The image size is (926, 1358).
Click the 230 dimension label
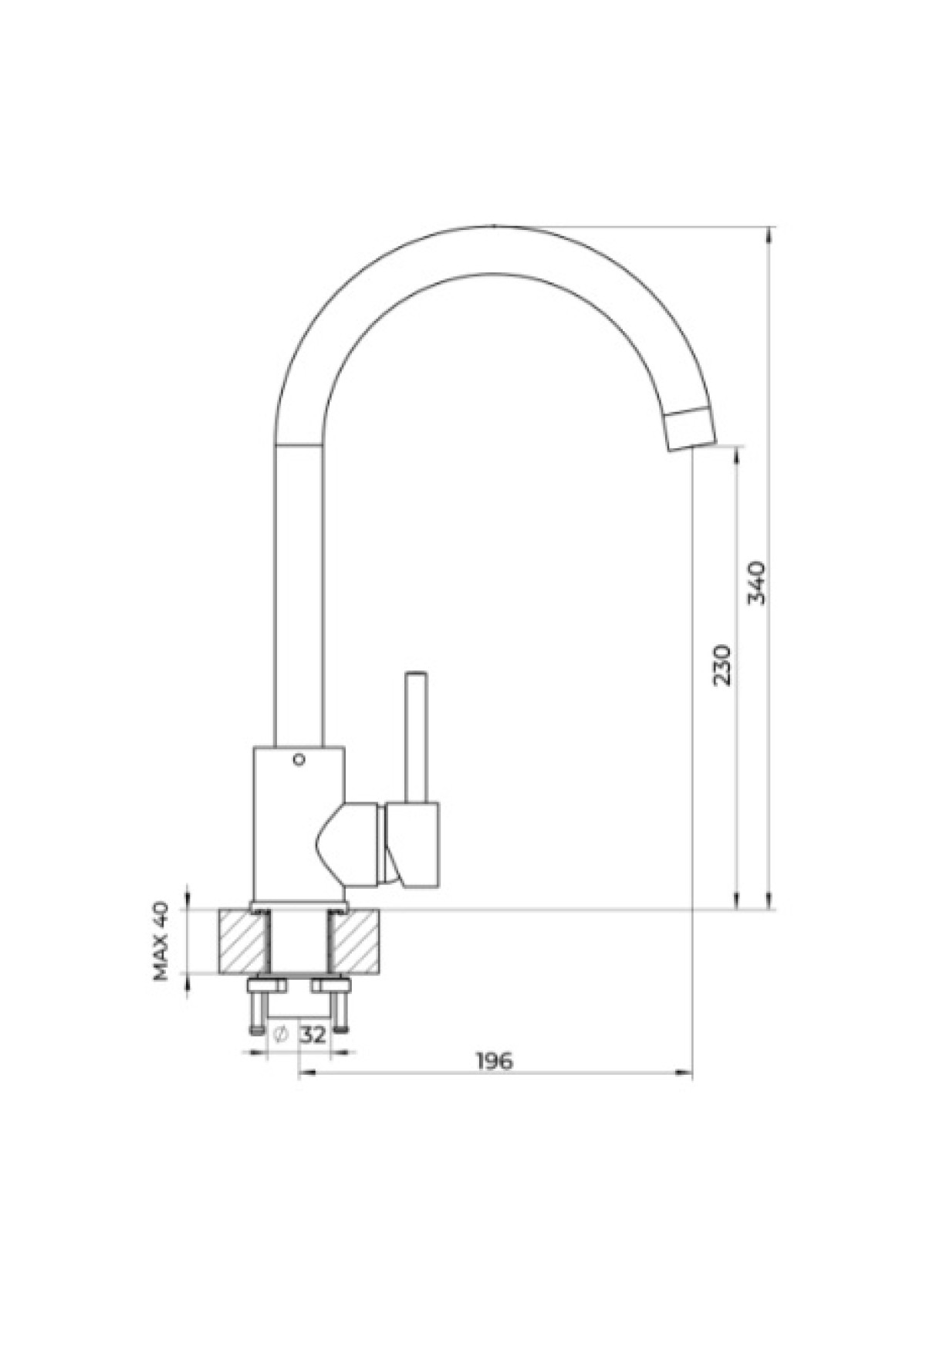click(x=722, y=664)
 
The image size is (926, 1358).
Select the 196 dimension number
click(x=494, y=1061)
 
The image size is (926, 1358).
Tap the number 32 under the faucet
click(x=313, y=1035)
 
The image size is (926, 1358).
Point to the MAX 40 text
click(x=161, y=941)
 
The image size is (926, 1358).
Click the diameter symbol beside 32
click(x=281, y=1035)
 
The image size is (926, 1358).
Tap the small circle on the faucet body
click(x=299, y=759)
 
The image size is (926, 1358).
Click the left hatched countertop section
click(x=244, y=941)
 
